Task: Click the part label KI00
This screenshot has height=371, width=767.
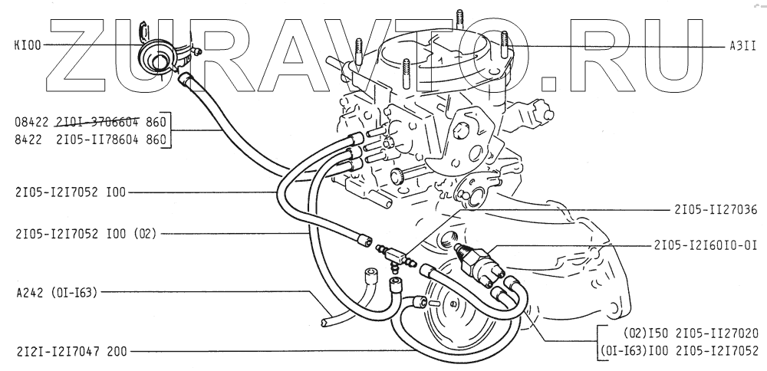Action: pos(28,45)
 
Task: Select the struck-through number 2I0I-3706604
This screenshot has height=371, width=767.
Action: pos(99,120)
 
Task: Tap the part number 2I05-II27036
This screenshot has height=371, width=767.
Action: pos(716,208)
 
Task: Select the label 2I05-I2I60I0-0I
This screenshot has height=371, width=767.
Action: pos(705,245)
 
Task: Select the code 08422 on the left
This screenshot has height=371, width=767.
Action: pos(31,120)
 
